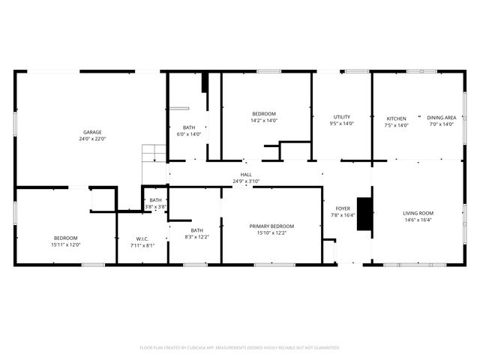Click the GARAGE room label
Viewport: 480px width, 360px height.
pos(92,132)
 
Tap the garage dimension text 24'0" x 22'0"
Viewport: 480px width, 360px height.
pos(92,139)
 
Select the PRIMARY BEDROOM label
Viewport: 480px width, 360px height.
pos(271,226)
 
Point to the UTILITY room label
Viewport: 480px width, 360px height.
pos(342,117)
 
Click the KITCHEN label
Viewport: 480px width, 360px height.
pos(396,118)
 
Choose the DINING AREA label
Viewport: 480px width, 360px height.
pos(441,118)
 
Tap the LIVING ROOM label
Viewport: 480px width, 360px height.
pos(418,213)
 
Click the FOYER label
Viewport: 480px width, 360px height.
pos(343,209)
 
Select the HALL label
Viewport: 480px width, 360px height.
pos(246,174)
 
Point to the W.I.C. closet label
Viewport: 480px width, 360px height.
pos(142,238)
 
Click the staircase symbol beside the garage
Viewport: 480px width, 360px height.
pos(154,154)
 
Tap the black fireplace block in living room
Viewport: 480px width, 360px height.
pos(364,214)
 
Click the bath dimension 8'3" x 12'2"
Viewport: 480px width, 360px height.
pos(196,237)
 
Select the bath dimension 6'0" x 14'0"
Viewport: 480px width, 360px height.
pos(189,134)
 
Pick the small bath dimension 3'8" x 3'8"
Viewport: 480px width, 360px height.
pos(155,206)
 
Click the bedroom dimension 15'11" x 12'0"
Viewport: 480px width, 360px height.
pos(66,244)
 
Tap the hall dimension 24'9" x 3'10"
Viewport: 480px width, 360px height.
pos(246,181)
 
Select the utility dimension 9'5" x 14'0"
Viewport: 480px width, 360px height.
pos(342,124)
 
